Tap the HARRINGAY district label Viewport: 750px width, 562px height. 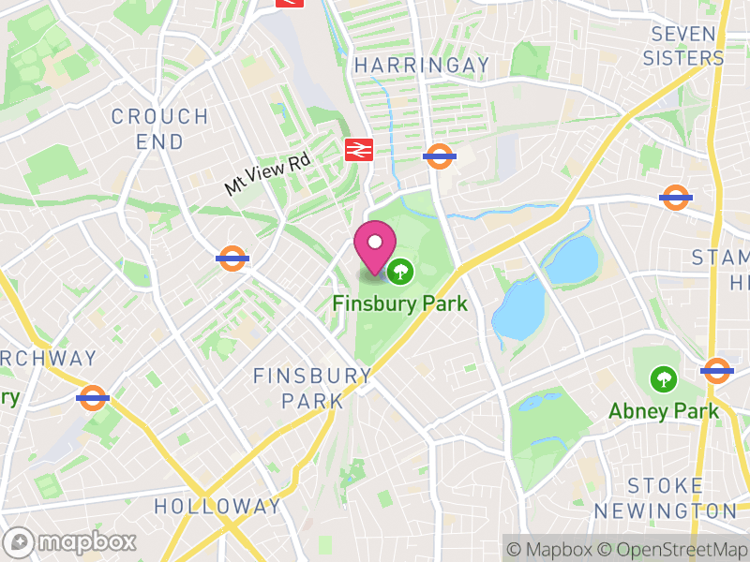(422, 65)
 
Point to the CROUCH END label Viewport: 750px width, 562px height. (159, 128)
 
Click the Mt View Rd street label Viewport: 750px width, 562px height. (267, 173)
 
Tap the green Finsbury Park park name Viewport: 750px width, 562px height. (399, 303)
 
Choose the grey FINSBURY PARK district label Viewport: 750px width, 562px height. (312, 388)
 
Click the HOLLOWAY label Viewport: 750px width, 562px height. (217, 507)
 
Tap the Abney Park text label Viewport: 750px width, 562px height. (664, 410)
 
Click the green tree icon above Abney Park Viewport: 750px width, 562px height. (664, 379)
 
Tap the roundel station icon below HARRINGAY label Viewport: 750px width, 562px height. (440, 155)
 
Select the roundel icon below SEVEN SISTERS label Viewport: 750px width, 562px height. (675, 197)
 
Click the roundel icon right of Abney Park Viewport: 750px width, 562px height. (716, 371)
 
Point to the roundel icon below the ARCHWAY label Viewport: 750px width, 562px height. (93, 397)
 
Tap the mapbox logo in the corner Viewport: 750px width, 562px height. (71, 541)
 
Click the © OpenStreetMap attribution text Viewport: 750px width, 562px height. (673, 549)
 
